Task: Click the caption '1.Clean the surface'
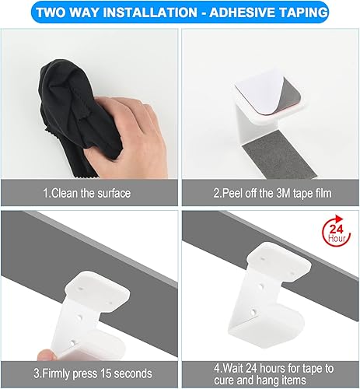coord(86,192)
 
